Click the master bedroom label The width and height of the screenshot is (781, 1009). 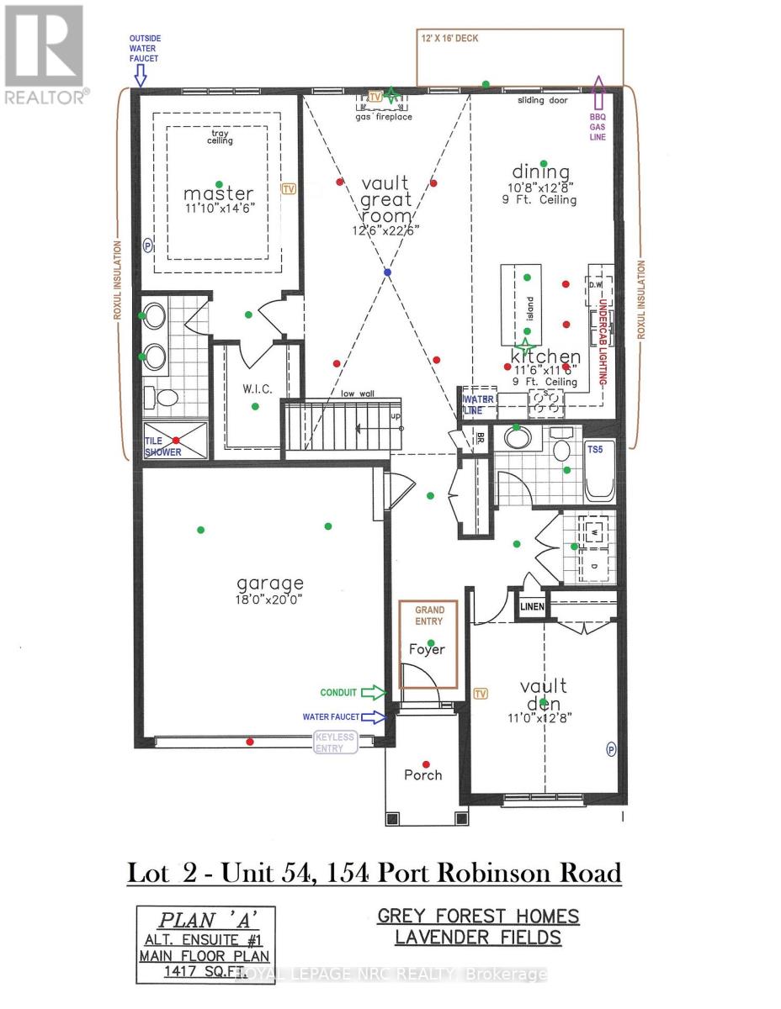coord(218,194)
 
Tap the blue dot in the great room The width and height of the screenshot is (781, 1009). coord(387,273)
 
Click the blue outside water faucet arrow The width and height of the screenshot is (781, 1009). coord(141,77)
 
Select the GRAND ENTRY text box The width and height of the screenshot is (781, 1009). coord(428,615)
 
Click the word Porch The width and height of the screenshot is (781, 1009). coord(422,775)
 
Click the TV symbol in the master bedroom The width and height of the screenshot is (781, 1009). coord(290,190)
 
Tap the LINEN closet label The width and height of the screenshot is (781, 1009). coord(532,607)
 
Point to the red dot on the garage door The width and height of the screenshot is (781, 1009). coord(249,742)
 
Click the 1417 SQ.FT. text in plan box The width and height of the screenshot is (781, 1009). coord(205,972)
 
